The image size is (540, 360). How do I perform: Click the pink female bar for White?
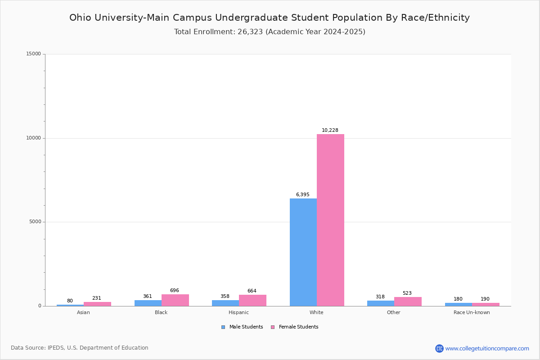(330, 220)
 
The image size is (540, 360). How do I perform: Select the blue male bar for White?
(303, 252)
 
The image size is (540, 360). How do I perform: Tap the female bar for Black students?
(175, 300)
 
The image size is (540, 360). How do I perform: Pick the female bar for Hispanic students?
(252, 301)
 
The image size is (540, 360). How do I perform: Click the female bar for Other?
(408, 301)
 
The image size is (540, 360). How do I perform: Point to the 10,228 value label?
(330, 130)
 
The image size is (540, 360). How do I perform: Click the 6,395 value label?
(302, 195)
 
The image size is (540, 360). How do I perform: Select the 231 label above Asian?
(97, 298)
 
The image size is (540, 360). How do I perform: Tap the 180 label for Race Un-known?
(458, 299)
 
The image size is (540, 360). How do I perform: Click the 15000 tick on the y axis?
(34, 54)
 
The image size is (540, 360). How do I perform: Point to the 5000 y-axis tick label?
(36, 222)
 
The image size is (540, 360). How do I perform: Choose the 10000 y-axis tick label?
(34, 138)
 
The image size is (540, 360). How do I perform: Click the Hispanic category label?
(238, 313)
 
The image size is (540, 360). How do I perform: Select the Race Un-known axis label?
(472, 313)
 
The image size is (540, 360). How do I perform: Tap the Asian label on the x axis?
(83, 313)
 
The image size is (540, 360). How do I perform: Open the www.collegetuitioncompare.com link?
(487, 348)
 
